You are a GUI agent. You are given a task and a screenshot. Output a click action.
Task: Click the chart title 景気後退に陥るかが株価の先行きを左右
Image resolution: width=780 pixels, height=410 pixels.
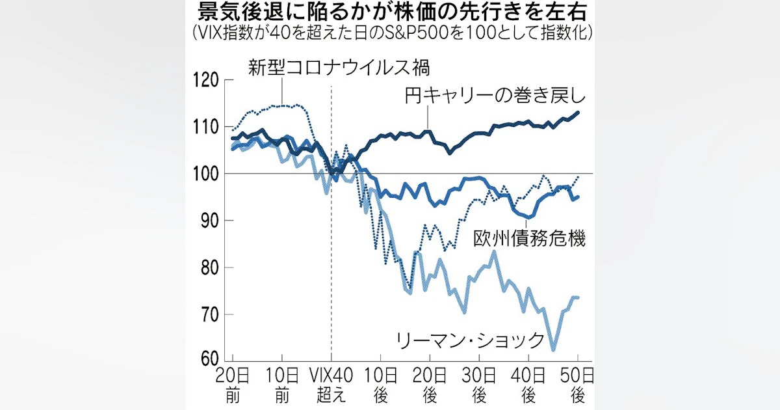point(390,13)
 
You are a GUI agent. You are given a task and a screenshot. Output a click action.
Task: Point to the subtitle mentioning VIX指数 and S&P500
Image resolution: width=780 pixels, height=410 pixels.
point(390,33)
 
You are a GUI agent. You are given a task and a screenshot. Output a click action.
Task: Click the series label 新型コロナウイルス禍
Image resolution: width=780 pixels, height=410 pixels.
point(340,67)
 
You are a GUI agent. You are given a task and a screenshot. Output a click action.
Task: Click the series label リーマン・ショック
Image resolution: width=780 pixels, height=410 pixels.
point(470,339)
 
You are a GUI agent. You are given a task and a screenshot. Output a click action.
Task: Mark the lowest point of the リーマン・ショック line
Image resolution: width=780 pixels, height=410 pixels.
point(553,350)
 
